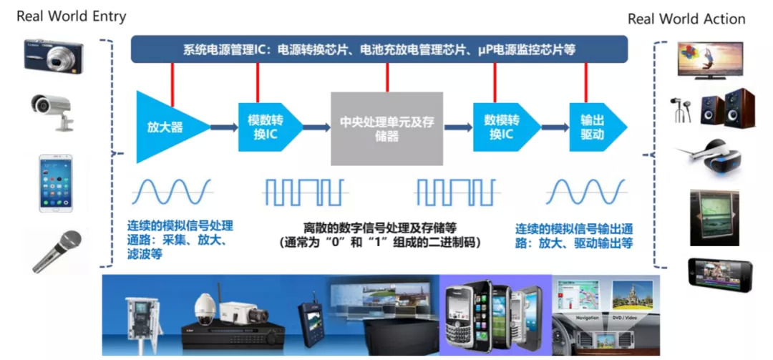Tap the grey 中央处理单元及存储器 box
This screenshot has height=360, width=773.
click(386, 129)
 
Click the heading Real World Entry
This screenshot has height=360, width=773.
click(71, 16)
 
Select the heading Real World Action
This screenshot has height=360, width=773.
click(686, 19)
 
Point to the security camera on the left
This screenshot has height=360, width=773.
click(53, 111)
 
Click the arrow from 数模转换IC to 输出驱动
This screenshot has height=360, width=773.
click(555, 128)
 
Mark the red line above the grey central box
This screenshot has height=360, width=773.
click(387, 77)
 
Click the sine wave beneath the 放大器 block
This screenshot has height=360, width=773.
click(170, 193)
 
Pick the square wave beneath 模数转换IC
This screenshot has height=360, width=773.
click(306, 193)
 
